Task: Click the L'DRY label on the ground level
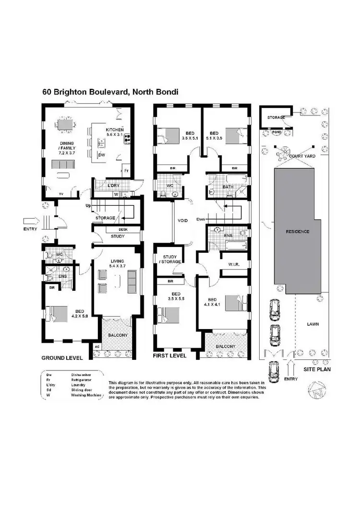(x=113, y=185)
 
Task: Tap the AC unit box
(x=96, y=346)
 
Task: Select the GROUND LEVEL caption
(x=62, y=358)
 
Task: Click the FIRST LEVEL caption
(x=168, y=356)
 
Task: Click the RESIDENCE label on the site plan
(x=298, y=232)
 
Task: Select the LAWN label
(x=313, y=324)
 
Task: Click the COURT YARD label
(x=301, y=156)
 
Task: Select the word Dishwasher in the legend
(x=82, y=374)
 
